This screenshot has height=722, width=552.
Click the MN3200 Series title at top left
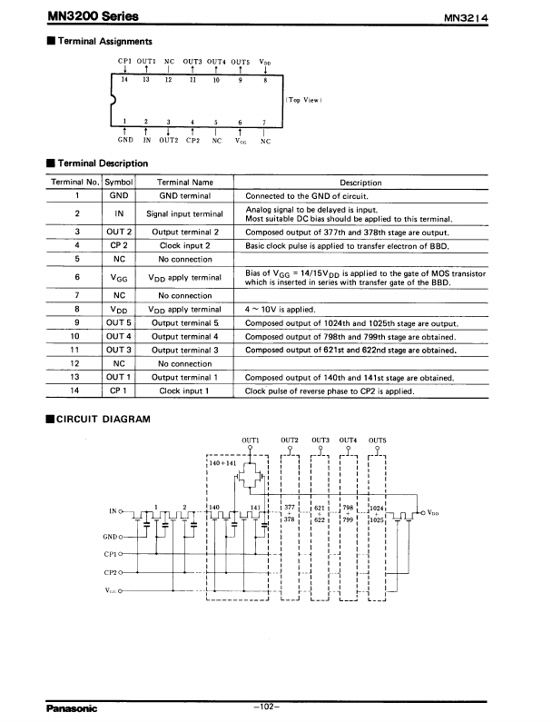77,15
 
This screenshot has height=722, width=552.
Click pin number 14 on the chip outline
125,80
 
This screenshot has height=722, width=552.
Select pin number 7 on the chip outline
263,122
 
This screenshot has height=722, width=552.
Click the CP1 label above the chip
125,61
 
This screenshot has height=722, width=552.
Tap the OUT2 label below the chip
169,141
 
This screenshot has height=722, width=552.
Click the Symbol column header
119,183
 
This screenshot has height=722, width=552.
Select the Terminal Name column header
185,183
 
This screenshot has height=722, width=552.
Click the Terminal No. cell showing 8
78,309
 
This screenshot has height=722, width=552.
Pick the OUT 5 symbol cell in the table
119,322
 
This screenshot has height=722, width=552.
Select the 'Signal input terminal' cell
185,213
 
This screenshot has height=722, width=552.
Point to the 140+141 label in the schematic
222,463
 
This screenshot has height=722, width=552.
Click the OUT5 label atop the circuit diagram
377,440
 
